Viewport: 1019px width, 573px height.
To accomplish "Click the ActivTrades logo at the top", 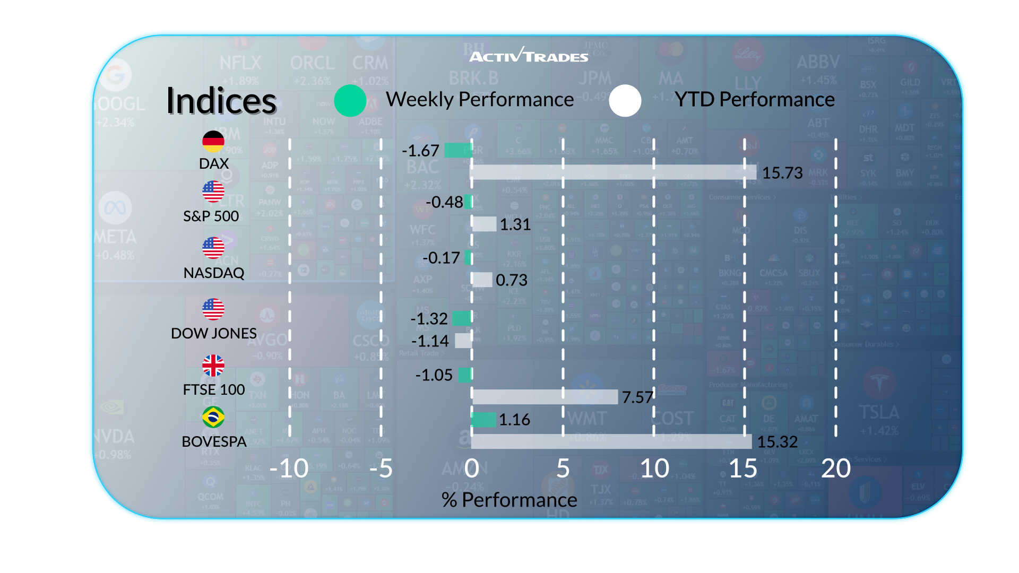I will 529,55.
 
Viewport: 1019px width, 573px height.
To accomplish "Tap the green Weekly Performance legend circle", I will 350,100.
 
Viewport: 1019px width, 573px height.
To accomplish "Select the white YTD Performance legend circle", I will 625,100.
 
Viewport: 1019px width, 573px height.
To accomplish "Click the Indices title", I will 221,101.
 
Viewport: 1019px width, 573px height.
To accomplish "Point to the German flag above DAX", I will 213,141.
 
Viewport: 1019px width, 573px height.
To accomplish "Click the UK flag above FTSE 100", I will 213,366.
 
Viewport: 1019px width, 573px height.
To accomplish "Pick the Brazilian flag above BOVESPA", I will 213,417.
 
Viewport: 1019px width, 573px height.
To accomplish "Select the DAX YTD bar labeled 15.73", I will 614,172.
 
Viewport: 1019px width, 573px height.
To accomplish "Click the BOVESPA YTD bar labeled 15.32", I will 611,441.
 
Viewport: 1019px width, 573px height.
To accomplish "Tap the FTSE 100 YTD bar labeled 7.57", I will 545,397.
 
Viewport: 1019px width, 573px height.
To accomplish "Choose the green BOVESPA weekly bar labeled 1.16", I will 483,420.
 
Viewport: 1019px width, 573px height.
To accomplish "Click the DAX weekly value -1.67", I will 420,151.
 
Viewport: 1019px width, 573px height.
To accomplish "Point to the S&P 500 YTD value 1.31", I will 515,224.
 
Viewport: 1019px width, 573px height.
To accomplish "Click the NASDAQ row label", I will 214,273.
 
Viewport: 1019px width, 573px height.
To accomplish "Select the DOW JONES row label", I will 214,333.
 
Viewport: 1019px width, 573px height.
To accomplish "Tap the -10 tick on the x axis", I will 289,468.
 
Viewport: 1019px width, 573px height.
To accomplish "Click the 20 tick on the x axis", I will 836,468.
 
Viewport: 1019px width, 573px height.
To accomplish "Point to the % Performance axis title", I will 509,500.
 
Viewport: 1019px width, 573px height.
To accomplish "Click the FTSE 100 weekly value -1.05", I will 434,375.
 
